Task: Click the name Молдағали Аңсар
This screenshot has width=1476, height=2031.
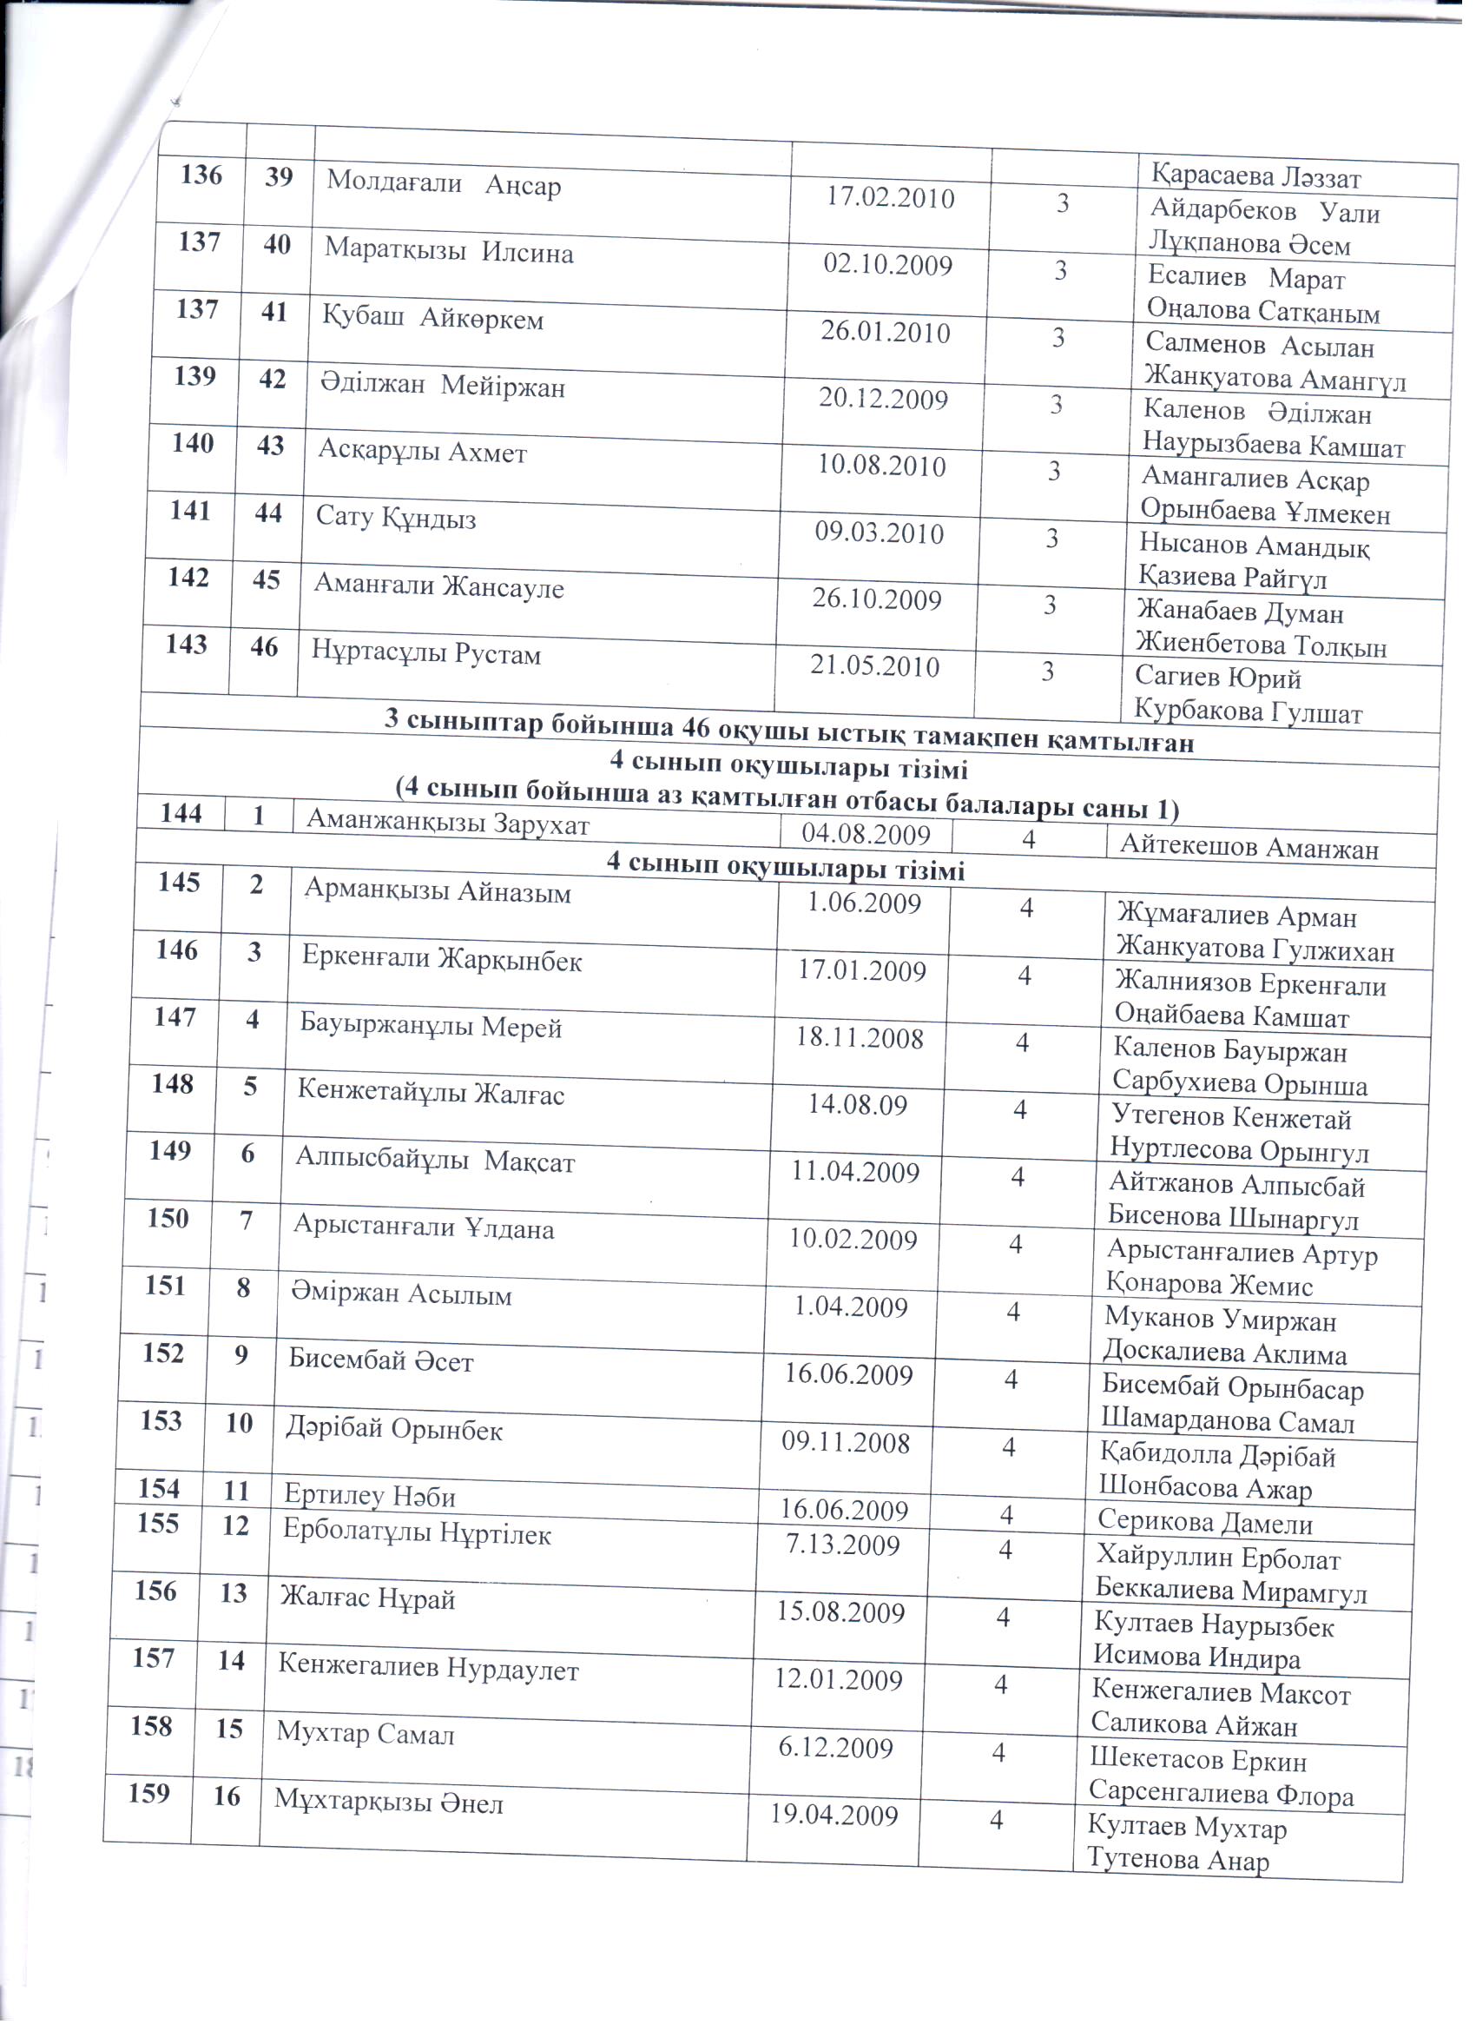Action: (x=443, y=183)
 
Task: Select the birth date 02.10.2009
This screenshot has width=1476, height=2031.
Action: (x=887, y=265)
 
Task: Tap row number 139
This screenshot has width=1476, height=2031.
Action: (x=194, y=376)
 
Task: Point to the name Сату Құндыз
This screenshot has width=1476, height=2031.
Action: (x=396, y=519)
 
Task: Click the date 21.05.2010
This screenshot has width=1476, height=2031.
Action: (x=873, y=666)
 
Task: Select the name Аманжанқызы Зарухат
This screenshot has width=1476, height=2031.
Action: (x=447, y=822)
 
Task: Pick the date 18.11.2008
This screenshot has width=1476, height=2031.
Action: (x=860, y=1038)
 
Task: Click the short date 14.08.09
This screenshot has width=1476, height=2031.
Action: (x=858, y=1105)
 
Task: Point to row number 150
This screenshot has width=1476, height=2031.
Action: (x=168, y=1219)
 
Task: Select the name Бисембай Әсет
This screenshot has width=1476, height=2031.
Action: (x=380, y=1361)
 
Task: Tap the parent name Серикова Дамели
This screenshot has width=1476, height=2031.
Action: (x=1205, y=1522)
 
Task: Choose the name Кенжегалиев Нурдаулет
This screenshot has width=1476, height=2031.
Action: (x=428, y=1667)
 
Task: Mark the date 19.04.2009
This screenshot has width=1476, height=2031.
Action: (x=834, y=1816)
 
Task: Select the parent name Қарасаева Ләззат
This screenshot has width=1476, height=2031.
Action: (x=1255, y=177)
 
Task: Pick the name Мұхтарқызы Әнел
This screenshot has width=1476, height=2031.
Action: (x=388, y=1802)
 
